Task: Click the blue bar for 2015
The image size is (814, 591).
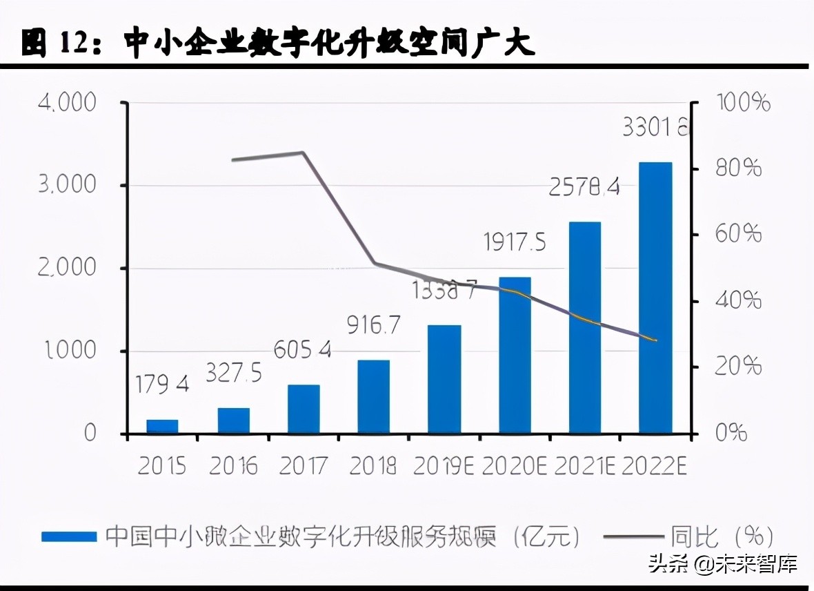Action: (x=162, y=426)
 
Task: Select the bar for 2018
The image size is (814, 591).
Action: (x=373, y=396)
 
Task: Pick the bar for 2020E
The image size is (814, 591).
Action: (x=515, y=355)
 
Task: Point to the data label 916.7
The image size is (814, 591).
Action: (x=373, y=324)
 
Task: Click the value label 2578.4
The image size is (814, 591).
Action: (x=584, y=186)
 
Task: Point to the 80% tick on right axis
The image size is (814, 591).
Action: (x=738, y=168)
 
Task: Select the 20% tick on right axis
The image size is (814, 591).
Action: (x=738, y=367)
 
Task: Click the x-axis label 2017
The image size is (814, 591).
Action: (x=303, y=466)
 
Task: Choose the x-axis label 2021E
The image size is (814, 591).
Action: (x=584, y=466)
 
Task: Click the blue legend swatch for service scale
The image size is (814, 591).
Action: (x=69, y=536)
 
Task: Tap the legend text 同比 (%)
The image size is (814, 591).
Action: (x=721, y=536)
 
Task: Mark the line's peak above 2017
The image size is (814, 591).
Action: (x=303, y=153)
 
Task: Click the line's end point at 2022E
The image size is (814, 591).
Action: (x=655, y=340)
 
